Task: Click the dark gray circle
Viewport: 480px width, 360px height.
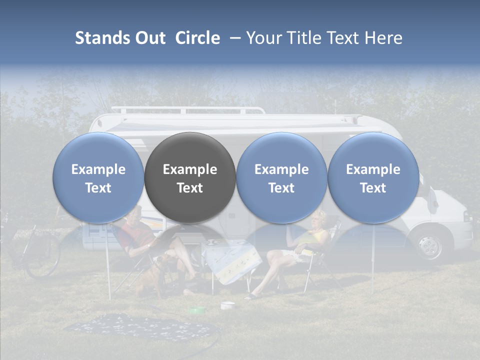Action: tap(190, 177)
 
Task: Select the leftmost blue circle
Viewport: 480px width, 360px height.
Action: tap(98, 177)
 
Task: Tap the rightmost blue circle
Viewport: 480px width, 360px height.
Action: tap(373, 177)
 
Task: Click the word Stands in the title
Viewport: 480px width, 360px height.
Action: tap(103, 38)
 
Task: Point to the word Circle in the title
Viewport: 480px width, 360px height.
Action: tap(197, 38)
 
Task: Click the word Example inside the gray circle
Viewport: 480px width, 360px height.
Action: tap(190, 169)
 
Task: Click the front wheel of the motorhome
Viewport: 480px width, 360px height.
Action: tap(428, 245)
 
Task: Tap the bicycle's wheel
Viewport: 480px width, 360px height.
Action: tap(42, 257)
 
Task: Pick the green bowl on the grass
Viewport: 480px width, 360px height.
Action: tap(197, 311)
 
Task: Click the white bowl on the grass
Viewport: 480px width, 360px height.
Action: tap(227, 304)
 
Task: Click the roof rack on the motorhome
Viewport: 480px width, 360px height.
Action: tap(187, 109)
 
